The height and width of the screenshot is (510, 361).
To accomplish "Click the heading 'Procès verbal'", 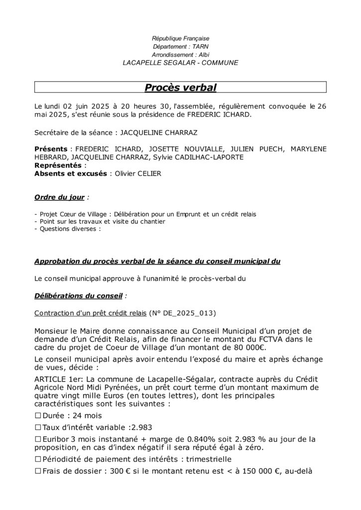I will pos(180,88).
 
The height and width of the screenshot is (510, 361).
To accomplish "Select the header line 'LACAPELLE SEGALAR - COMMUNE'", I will pos(180,63).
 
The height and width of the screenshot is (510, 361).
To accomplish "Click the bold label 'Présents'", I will pos(51,149).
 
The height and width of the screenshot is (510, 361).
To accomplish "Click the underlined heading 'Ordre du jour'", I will pos(59,197).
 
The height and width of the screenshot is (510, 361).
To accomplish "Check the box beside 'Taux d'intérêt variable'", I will pos(38,427).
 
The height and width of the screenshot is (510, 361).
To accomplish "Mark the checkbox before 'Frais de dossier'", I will pos(38,471).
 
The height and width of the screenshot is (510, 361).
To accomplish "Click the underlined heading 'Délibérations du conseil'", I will pos(78,295).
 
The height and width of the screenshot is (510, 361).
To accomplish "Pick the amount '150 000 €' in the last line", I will pos(252,471).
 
